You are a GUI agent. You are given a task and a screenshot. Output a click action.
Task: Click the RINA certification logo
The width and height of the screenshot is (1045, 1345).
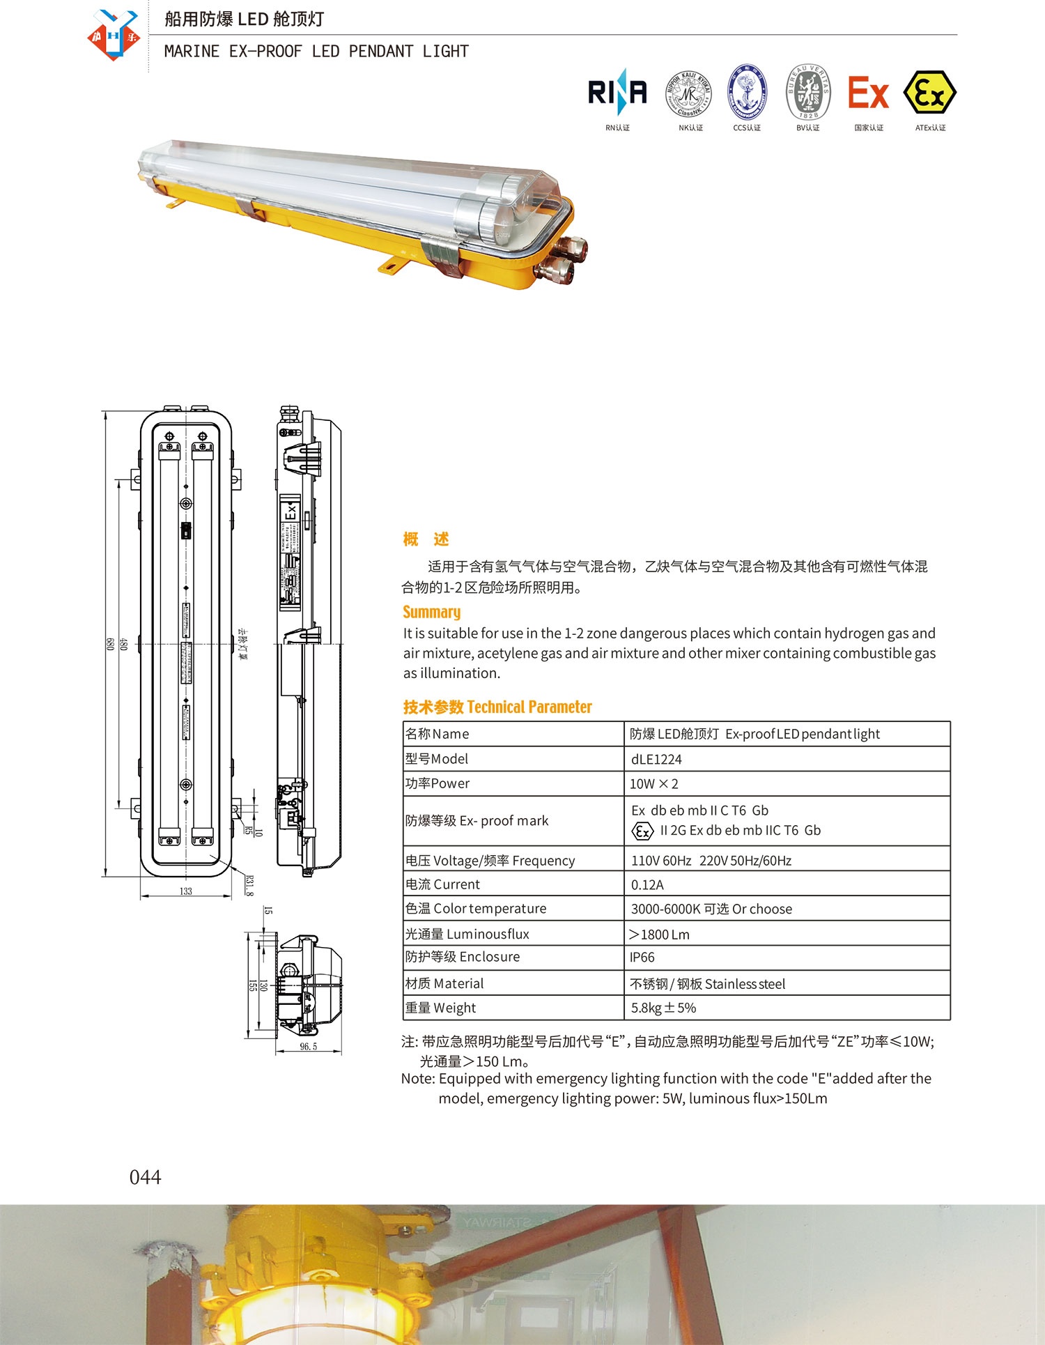point(617,93)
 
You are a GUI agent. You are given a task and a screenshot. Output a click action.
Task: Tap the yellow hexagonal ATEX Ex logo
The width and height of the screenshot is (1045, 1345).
point(929,93)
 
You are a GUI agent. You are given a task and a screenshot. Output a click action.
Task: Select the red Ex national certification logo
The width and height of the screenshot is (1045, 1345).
point(868,93)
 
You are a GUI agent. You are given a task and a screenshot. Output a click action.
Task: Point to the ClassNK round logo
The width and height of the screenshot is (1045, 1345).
point(689,93)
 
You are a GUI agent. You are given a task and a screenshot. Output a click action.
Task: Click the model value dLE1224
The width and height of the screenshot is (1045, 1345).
point(656,759)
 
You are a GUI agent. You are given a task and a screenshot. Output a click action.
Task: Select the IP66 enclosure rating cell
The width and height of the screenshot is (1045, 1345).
point(642,958)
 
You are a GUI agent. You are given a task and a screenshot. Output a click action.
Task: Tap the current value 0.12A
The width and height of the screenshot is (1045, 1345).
point(647,884)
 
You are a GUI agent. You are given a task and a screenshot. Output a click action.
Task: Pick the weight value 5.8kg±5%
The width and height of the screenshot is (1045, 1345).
point(663,1008)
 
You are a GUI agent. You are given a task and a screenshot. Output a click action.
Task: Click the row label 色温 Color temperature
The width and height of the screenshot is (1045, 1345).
point(476,909)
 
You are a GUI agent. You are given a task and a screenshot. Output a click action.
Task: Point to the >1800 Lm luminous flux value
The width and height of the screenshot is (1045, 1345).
point(659,934)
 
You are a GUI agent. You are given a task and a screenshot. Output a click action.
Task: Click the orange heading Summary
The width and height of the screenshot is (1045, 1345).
point(431,612)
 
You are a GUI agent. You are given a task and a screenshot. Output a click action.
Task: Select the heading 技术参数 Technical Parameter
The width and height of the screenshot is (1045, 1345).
point(497,707)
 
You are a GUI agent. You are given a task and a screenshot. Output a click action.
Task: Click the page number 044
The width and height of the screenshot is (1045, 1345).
point(145,1177)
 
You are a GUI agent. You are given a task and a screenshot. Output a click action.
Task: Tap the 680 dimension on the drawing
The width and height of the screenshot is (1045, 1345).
point(109,644)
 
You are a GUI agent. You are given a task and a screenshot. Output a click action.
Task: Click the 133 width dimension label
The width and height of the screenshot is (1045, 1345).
point(185,891)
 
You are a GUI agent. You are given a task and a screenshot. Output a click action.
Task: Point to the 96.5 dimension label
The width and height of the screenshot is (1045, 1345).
point(308,1047)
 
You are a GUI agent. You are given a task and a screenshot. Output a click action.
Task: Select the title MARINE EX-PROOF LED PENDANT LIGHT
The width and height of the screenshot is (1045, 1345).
point(316,52)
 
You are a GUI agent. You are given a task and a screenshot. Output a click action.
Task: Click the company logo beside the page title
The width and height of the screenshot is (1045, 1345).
point(114,36)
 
